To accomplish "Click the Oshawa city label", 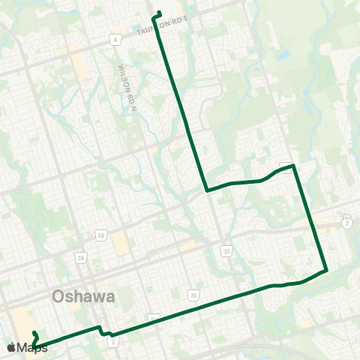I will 84,296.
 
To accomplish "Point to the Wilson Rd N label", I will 124,77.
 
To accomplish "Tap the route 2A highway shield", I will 82,257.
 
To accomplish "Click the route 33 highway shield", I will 226,250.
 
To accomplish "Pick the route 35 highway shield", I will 193,295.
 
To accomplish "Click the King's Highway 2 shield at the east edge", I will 347,223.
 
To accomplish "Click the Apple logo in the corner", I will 11,347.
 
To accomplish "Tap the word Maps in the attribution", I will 32,347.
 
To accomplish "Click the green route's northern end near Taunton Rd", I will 157,13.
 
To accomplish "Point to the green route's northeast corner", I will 294,165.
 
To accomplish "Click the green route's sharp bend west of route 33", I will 207,190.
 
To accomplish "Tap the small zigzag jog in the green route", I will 103,331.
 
